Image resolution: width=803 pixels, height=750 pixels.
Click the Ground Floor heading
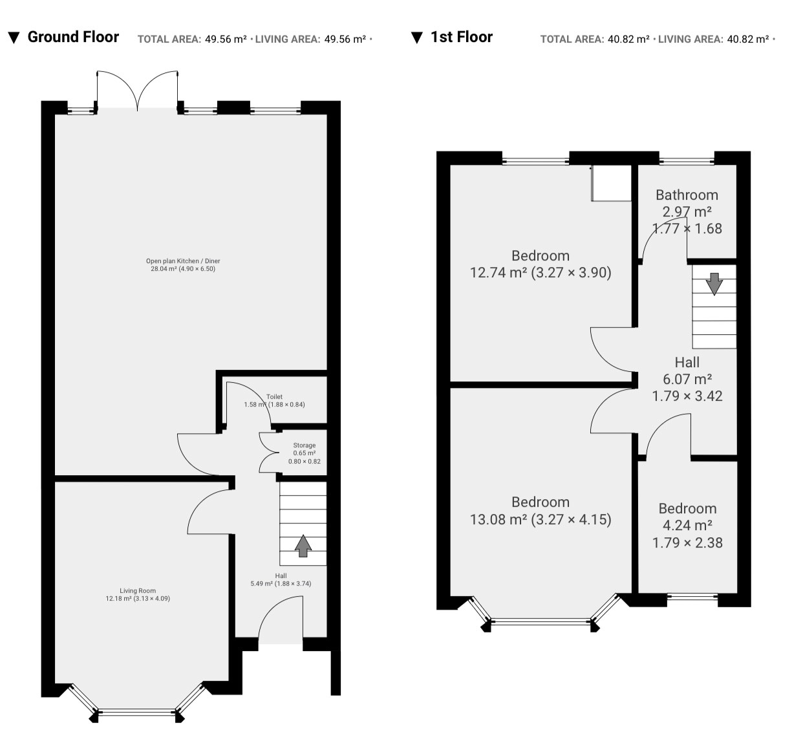click(x=73, y=37)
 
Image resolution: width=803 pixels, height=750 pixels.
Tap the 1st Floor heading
click(x=462, y=37)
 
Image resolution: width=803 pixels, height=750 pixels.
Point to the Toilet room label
click(x=274, y=396)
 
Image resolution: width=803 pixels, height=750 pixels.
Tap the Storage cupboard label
click(x=304, y=445)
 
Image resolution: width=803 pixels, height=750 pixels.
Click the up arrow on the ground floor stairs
click(x=303, y=546)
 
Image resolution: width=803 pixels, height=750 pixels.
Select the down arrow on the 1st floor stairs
click(x=714, y=284)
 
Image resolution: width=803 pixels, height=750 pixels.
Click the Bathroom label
click(x=687, y=195)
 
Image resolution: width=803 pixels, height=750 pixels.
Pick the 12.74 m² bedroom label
click(x=541, y=264)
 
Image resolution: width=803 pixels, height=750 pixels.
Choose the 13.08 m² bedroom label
click(x=541, y=511)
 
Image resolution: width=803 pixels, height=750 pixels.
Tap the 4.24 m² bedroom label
click(x=687, y=525)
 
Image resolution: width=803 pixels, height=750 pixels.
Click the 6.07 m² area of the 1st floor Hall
click(x=687, y=379)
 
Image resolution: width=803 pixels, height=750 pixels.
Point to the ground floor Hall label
click(x=281, y=575)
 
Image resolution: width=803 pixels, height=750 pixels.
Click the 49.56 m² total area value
click(x=226, y=39)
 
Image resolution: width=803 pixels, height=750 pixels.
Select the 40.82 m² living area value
click(x=748, y=39)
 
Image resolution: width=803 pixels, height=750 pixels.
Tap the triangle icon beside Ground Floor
click(x=14, y=37)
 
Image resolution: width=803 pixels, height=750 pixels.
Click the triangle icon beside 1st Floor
click(x=416, y=37)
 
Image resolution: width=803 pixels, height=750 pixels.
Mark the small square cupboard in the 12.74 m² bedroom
click(x=612, y=183)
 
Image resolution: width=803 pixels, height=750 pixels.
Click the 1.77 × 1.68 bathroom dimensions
click(x=687, y=229)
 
